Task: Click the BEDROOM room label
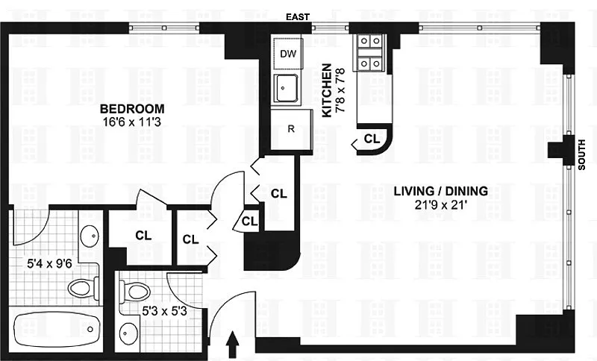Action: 132,109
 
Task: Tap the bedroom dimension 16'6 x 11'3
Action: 132,122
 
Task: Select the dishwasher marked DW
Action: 288,54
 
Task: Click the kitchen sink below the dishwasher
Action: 287,89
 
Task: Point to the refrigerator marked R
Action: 292,129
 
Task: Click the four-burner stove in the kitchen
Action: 370,52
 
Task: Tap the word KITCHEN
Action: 327,90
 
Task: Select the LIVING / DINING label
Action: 440,191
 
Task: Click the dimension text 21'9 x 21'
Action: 441,205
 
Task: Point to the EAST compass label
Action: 298,16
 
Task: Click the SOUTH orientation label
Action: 581,154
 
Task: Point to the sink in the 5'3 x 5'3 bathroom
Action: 127,334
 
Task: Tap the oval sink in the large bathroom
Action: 90,236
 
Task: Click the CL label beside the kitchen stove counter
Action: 372,139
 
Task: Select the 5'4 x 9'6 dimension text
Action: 49,263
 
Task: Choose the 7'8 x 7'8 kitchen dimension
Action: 340,90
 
